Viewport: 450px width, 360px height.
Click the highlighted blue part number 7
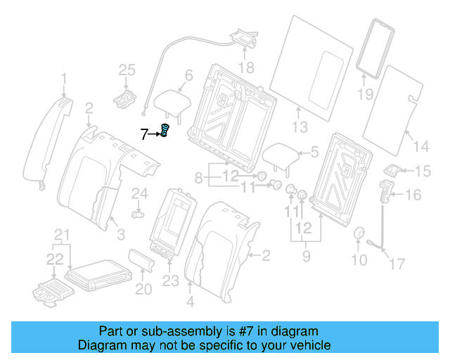pos(166,131)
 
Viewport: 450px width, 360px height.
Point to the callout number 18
pos(245,67)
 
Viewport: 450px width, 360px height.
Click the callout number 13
pos(300,127)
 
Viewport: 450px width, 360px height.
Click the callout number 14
pos(420,146)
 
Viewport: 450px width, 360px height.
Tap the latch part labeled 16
pos(385,191)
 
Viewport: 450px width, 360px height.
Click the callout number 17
pos(398,264)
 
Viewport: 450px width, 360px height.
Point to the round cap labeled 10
pos(359,235)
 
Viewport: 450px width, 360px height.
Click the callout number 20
pos(143,289)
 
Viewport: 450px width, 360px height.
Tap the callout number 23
pos(170,281)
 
